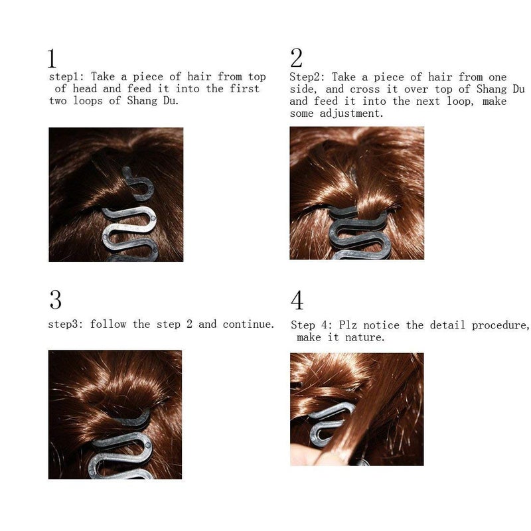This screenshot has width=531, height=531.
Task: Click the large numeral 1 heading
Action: pos(52,59)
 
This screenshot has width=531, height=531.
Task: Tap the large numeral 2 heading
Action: pos(296,58)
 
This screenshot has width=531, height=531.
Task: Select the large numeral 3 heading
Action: pos(56,300)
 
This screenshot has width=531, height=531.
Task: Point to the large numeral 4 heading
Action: pos(297,301)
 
